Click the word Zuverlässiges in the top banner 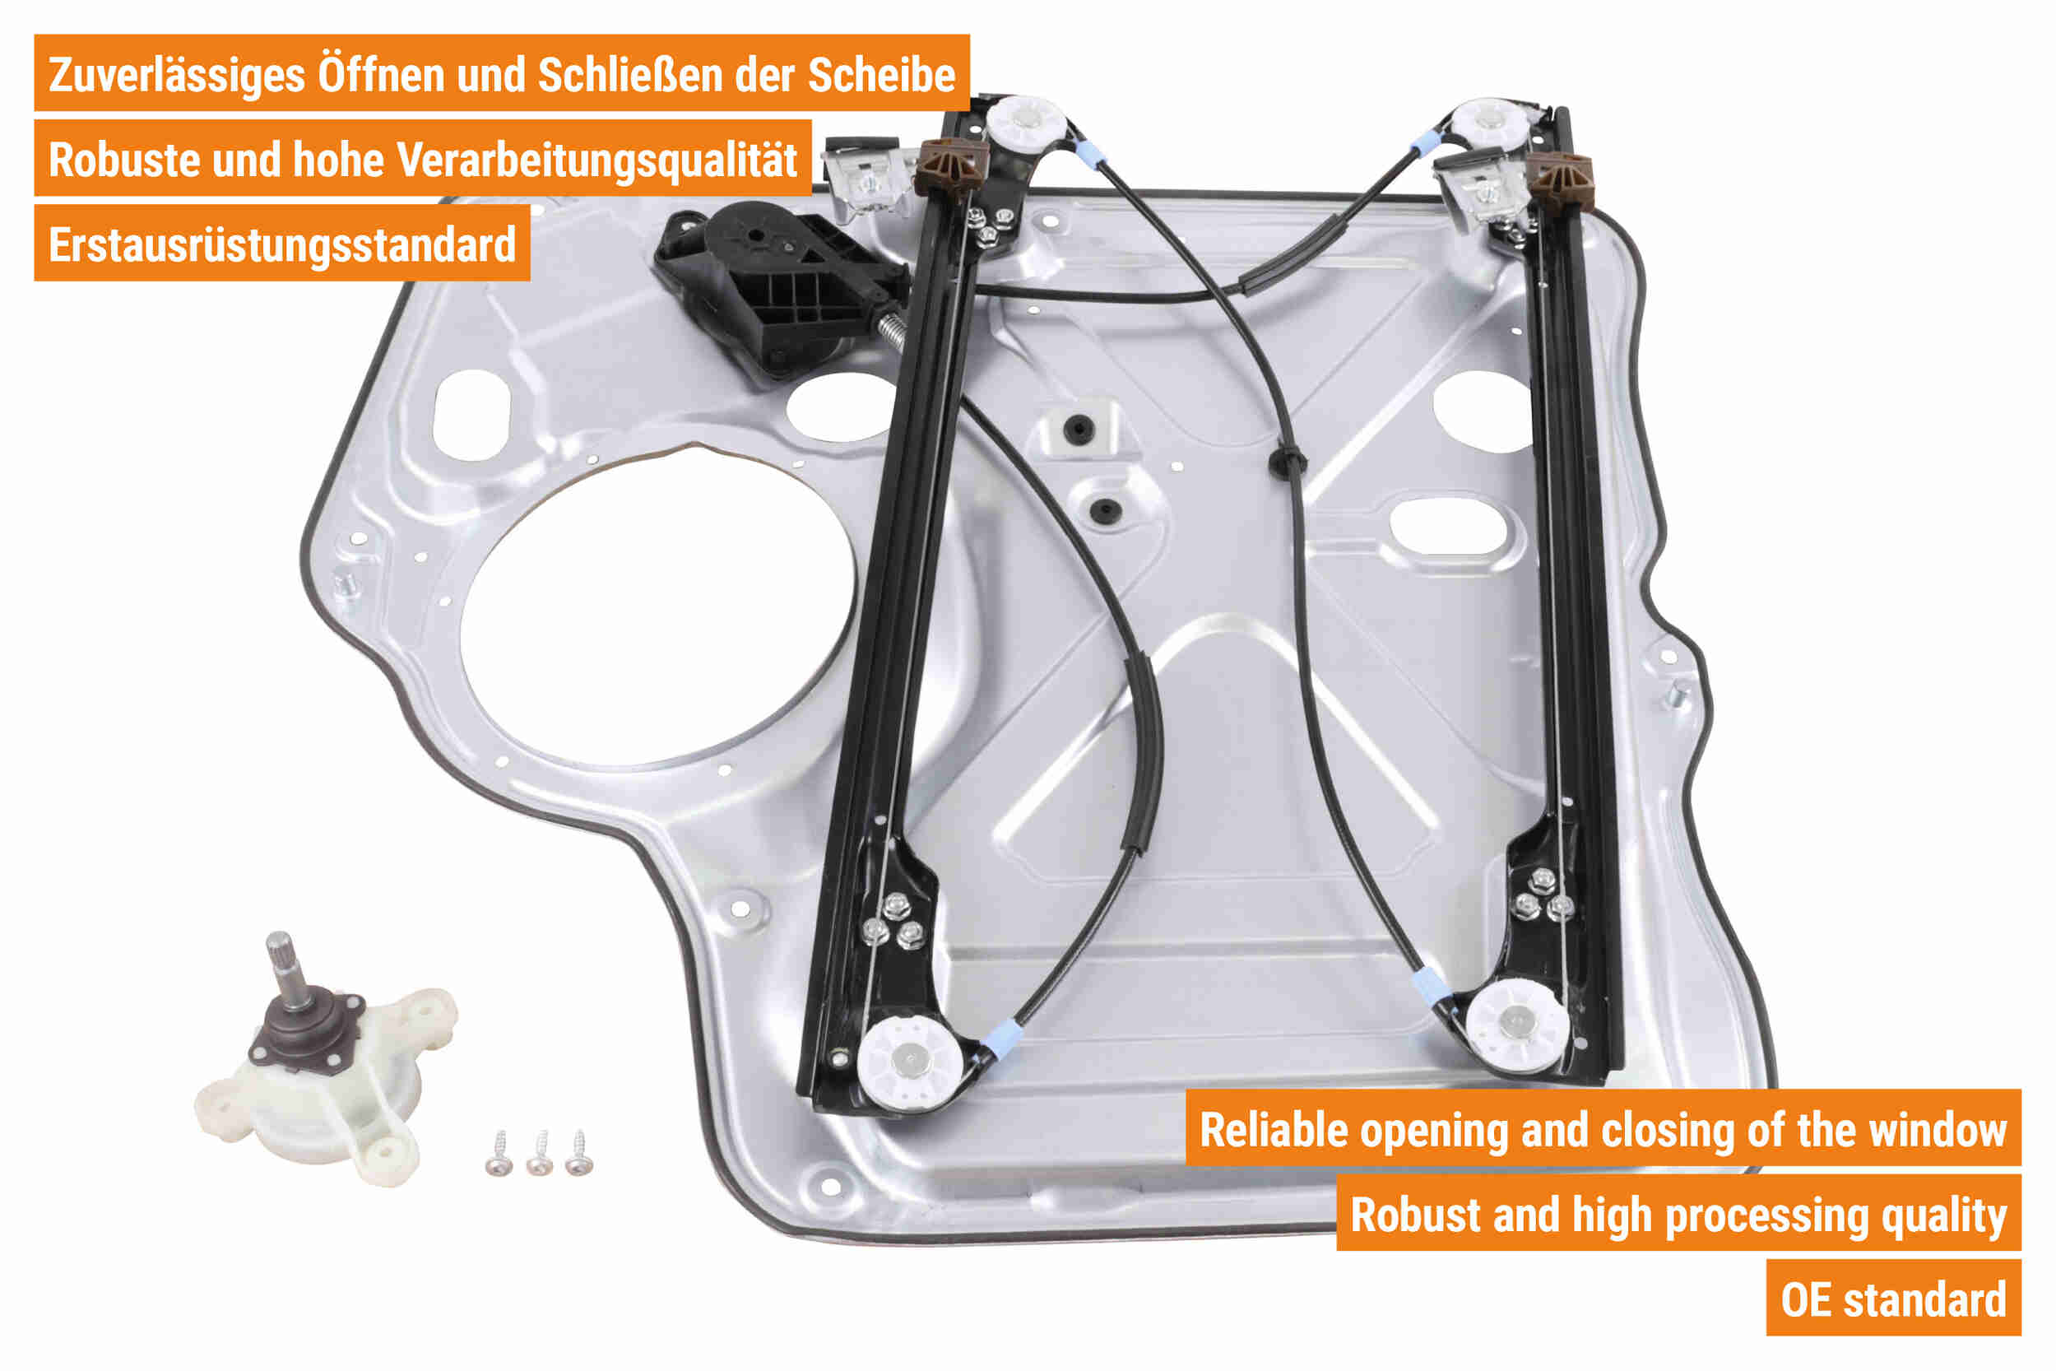177,75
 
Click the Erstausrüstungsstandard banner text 282,245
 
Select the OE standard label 1893,1300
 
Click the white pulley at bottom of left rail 910,1062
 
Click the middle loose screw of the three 540,1153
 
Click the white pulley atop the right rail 1487,123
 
